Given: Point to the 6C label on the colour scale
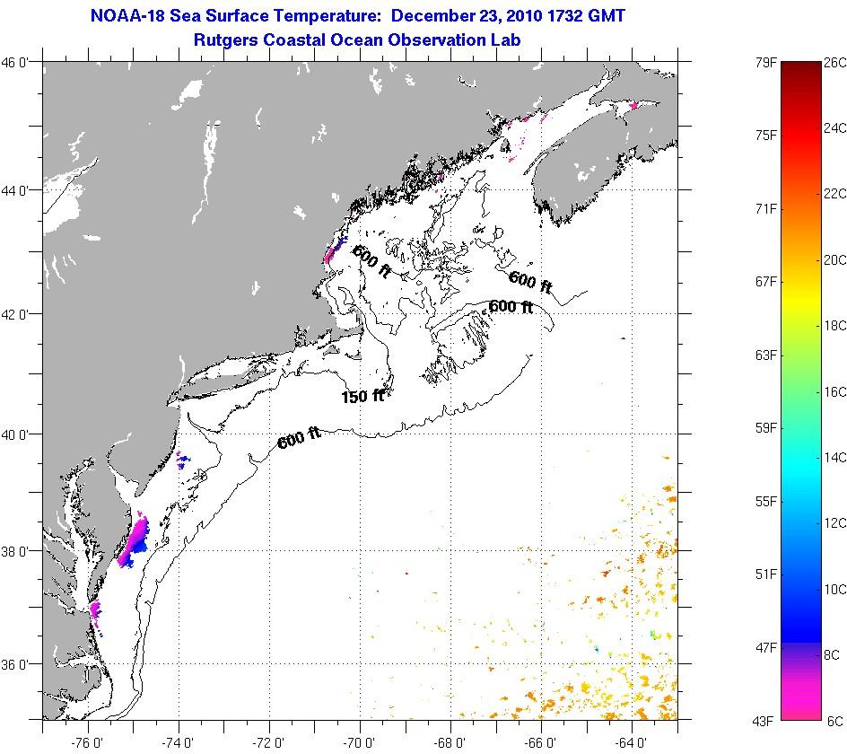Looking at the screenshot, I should pyautogui.click(x=834, y=720).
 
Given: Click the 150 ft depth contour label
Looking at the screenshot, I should pyautogui.click(x=362, y=396).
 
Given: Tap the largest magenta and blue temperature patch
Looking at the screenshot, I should pyautogui.click(x=136, y=540).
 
